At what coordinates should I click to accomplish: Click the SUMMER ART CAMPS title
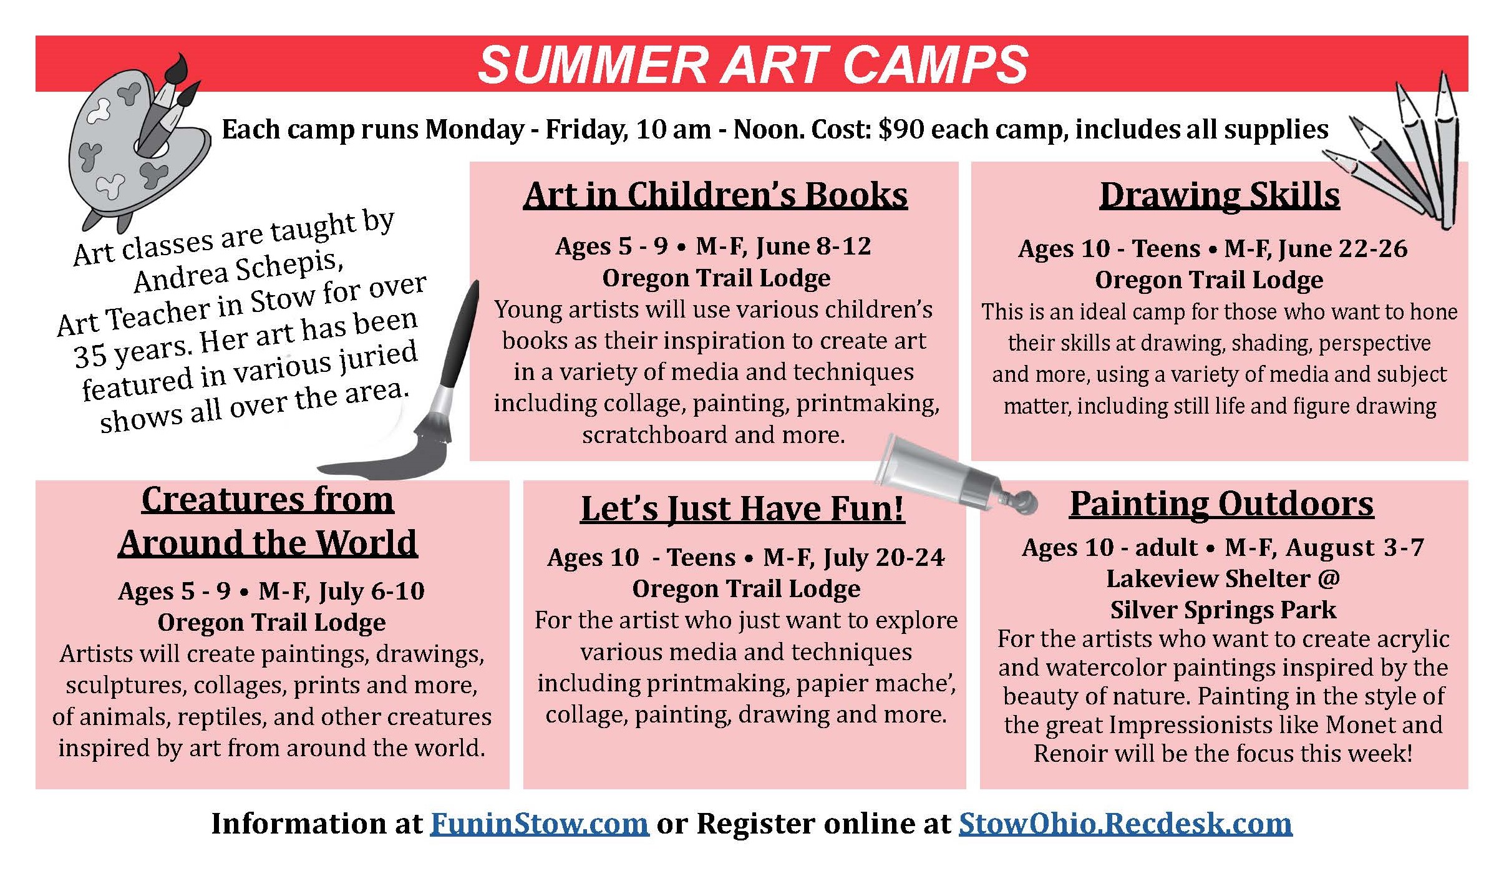[x=752, y=64]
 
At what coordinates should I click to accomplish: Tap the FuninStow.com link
[x=540, y=824]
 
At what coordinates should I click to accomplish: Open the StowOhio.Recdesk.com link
[x=1125, y=824]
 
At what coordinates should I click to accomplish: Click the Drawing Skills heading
[x=1220, y=195]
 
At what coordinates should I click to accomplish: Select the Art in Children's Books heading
[x=716, y=195]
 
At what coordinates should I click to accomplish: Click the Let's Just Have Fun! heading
[x=742, y=508]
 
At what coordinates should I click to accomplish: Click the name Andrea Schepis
[x=238, y=272]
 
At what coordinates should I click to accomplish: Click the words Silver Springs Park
[x=1223, y=610]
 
